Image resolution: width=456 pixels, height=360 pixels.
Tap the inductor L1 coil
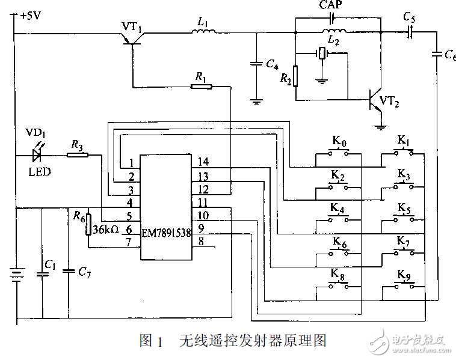(202, 32)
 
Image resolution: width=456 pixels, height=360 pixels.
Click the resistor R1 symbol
(201, 87)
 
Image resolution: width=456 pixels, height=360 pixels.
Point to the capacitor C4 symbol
(257, 63)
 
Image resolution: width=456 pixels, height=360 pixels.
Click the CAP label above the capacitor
(331, 5)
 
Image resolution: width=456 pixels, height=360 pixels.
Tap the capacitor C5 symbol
(410, 32)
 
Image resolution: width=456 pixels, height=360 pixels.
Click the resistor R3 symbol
(77, 155)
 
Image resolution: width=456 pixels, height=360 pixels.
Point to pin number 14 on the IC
(203, 162)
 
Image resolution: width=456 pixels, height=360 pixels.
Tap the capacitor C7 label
(85, 272)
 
